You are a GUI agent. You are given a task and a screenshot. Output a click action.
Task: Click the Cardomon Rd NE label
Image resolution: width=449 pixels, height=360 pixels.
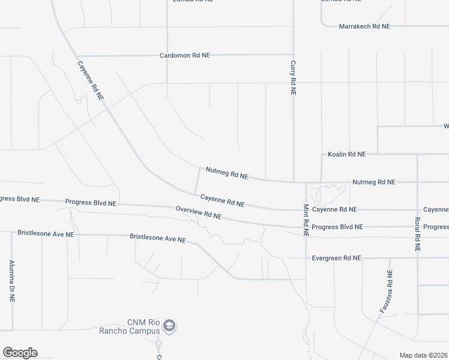[185, 55]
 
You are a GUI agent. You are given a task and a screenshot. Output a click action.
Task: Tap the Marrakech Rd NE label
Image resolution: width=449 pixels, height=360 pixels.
[364, 26]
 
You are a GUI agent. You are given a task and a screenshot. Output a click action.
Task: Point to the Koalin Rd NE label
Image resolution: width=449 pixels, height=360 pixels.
[346, 154]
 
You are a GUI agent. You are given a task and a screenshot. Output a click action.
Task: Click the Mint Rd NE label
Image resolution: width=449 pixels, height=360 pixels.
[306, 220]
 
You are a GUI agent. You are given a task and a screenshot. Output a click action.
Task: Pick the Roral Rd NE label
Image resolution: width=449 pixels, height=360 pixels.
[417, 234]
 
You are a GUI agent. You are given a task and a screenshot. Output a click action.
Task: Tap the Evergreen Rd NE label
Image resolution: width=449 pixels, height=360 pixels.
[336, 258]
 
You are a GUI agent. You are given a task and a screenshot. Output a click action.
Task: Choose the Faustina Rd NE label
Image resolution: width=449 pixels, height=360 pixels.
[385, 292]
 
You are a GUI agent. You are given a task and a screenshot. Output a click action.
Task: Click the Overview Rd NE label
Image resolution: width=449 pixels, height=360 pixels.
[199, 212]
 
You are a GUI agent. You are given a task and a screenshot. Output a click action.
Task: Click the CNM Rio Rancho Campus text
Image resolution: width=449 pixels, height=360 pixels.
[143, 326]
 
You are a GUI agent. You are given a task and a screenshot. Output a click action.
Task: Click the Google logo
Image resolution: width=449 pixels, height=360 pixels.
[20, 353]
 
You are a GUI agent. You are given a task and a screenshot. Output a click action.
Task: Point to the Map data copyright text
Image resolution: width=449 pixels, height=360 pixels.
[424, 355]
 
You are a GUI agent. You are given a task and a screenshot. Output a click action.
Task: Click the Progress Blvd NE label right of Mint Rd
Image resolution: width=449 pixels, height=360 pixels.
[337, 227]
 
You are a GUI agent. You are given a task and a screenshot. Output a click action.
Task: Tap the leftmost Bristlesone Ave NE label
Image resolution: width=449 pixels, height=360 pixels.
[46, 233]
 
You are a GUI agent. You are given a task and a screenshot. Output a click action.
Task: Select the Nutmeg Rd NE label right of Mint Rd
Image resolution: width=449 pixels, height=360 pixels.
[374, 182]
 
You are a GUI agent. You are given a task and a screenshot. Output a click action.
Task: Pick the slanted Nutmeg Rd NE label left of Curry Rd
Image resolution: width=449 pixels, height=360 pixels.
[227, 173]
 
